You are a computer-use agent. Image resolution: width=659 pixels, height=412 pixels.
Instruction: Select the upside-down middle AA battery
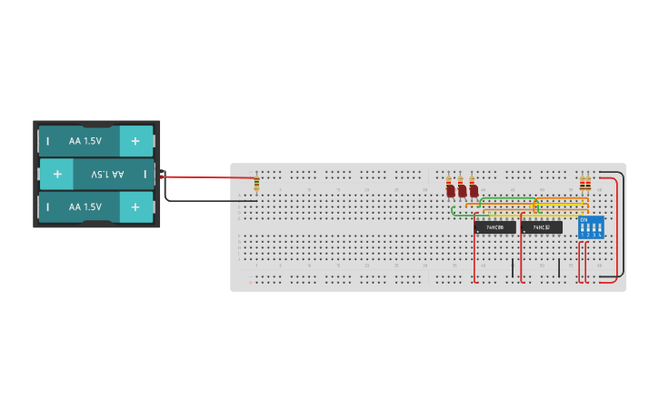pos(96,174)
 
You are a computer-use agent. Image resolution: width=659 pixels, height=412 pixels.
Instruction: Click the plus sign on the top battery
pos(135,141)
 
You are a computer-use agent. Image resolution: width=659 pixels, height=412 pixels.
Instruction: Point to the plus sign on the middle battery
pos(56,174)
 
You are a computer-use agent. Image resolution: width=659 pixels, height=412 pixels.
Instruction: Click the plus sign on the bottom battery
pos(135,207)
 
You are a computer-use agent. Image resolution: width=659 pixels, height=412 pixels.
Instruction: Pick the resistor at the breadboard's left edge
pos(257,185)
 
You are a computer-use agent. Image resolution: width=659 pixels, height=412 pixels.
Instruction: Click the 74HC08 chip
pos(494,227)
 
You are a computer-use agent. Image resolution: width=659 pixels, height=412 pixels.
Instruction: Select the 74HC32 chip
pos(542,227)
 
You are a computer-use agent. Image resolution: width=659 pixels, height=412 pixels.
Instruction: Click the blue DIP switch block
pos(591,227)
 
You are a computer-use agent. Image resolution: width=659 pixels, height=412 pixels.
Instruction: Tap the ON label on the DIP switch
pos(584,220)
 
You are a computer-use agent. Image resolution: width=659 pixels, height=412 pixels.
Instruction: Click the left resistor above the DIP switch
pos(583,186)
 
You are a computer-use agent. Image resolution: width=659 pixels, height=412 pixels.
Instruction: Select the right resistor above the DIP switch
pos(588,186)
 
